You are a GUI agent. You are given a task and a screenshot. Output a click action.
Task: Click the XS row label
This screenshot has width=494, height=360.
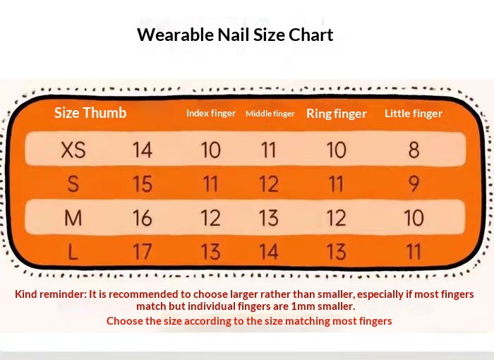tap(73, 150)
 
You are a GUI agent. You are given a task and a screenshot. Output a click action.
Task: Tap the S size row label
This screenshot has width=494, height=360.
tap(73, 184)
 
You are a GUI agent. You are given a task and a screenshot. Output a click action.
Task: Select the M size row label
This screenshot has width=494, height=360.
tap(73, 218)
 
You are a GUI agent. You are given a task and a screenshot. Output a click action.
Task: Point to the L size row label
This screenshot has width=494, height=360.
tap(73, 252)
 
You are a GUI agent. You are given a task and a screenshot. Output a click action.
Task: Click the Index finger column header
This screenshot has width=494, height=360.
tap(211, 113)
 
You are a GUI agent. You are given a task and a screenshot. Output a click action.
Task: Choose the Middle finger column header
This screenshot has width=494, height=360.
tap(270, 114)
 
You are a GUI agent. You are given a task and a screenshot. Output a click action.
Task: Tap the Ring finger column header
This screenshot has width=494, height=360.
tap(337, 114)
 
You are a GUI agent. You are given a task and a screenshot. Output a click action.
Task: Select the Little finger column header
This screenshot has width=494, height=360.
tap(414, 114)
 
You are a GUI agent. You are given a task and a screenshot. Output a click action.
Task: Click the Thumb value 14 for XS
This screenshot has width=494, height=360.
tap(143, 150)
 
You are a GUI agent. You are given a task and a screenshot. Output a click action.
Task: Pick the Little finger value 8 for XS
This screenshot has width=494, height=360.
tap(414, 150)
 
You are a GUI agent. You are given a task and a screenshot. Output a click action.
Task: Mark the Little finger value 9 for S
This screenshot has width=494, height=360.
tap(414, 184)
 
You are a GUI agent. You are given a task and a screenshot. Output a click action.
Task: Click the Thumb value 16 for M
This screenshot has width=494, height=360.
tap(143, 218)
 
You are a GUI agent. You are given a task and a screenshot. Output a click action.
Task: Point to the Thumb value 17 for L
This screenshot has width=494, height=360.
tap(143, 252)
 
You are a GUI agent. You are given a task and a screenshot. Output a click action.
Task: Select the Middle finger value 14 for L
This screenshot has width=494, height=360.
tap(269, 252)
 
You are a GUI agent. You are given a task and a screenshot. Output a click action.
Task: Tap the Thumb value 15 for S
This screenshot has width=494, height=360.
tap(143, 184)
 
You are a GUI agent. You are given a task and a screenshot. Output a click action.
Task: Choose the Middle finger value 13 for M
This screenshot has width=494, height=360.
tap(269, 218)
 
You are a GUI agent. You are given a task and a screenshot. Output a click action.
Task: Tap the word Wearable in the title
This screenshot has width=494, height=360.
tap(176, 35)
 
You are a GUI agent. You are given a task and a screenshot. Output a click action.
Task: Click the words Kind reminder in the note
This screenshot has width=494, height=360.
tap(50, 294)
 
